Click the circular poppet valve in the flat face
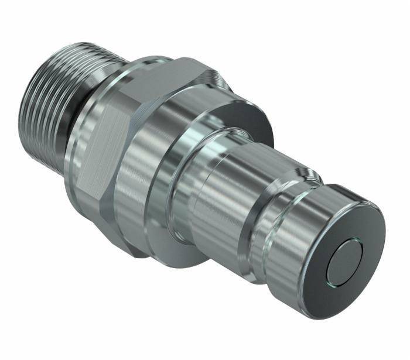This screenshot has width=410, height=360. (x=346, y=261)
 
